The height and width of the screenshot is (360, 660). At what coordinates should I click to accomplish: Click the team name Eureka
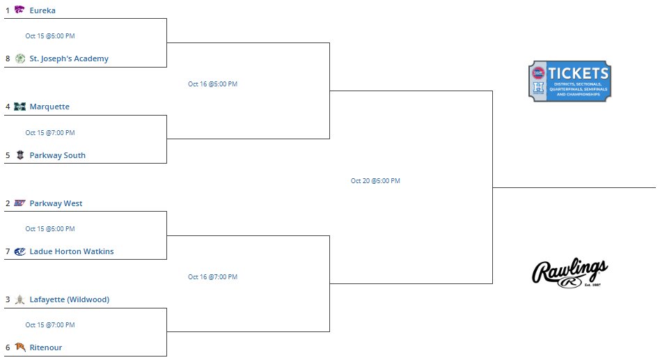coord(42,10)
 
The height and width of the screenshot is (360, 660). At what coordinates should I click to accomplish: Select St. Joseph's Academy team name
coord(69,58)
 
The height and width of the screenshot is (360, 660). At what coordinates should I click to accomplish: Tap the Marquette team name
coord(49,107)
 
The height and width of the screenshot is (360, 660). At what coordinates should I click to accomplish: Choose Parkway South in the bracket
coord(57,155)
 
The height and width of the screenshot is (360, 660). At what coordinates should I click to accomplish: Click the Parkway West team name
coord(56,203)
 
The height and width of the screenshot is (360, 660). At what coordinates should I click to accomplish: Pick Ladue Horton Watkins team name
coord(72,251)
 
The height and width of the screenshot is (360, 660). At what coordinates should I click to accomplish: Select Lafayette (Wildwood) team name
coord(69,299)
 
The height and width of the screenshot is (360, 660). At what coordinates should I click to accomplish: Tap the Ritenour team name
coord(46,347)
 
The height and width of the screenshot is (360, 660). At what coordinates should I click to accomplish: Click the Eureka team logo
coord(19,10)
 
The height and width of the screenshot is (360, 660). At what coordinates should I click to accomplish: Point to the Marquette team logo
coord(19,107)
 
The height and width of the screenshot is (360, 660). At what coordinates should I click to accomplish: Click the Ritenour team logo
coord(19,347)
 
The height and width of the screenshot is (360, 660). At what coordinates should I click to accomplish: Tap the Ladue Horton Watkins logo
coord(19,251)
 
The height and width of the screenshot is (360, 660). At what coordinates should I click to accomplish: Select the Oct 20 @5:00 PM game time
coord(375,181)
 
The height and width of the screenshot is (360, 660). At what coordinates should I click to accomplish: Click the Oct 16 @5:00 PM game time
coord(212,84)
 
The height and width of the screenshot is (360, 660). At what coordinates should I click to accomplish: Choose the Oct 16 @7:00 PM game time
coord(212,277)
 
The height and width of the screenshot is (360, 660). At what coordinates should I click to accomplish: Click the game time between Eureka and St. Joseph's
coord(50,36)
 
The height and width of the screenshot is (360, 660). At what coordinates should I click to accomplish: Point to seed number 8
coord(8,58)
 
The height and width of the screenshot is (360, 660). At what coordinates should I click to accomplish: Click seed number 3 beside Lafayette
coord(8,299)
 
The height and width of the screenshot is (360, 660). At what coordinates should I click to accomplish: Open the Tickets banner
coord(569,81)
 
